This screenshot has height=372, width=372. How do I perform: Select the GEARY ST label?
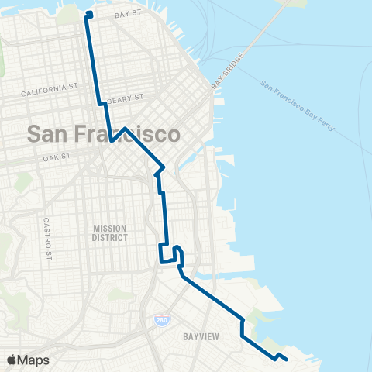(127, 98)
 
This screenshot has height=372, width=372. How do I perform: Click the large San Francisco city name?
(104, 133)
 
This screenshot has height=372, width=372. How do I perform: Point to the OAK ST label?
(57, 156)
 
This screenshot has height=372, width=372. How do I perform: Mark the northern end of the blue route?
(88, 14)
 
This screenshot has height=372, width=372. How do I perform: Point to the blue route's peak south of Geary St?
(125, 128)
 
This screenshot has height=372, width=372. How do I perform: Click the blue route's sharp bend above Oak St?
(112, 141)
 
